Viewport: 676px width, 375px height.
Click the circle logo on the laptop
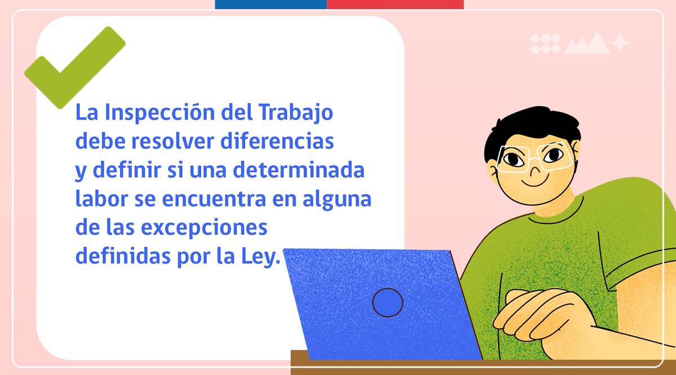click(x=388, y=303)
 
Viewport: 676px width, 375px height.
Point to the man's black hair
click(x=530, y=127)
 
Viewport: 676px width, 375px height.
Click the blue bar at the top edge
click(x=270, y=5)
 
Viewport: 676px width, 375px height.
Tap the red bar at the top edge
click(x=395, y=5)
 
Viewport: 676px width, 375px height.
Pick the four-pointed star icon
click(x=619, y=43)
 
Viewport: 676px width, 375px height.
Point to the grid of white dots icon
click(x=544, y=43)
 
